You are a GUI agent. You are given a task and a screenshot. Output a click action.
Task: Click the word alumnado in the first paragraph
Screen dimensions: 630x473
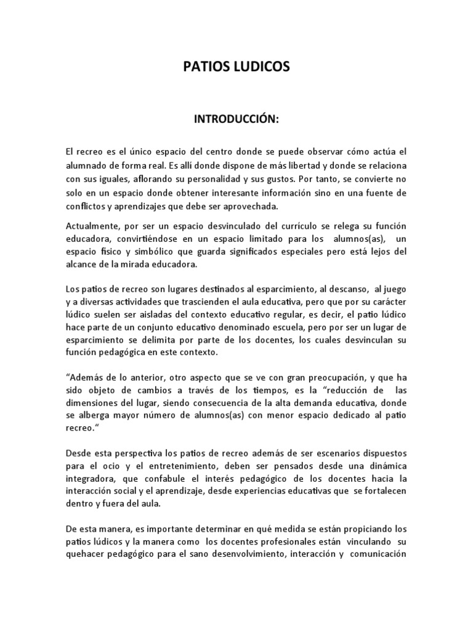[x=87, y=166]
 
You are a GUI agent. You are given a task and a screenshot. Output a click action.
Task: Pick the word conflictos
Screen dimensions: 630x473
[x=84, y=207]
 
